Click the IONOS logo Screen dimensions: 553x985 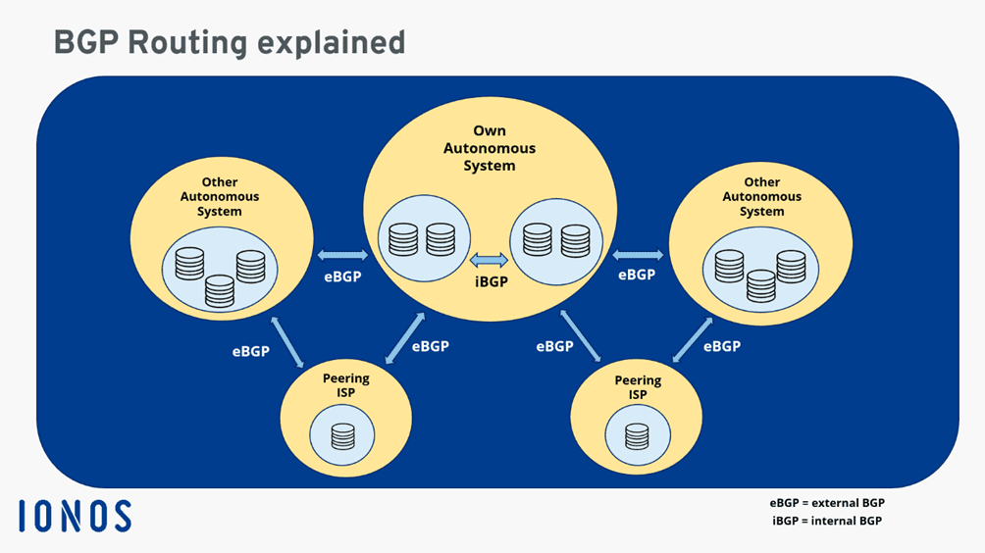(x=75, y=516)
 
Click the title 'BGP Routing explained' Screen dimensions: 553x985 (x=230, y=42)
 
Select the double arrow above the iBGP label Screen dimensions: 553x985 (x=489, y=260)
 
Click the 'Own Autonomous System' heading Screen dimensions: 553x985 (x=490, y=148)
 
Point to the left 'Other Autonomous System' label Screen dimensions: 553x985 (x=219, y=196)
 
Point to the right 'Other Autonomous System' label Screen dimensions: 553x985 (x=761, y=196)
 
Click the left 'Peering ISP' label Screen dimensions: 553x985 (x=345, y=385)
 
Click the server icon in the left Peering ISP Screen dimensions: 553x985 (x=342, y=436)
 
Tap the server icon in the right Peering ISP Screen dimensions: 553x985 (x=637, y=436)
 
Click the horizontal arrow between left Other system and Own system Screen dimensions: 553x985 (x=342, y=256)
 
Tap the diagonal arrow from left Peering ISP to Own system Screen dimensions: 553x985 (x=405, y=338)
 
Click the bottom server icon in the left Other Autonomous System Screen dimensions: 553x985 (x=220, y=291)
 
